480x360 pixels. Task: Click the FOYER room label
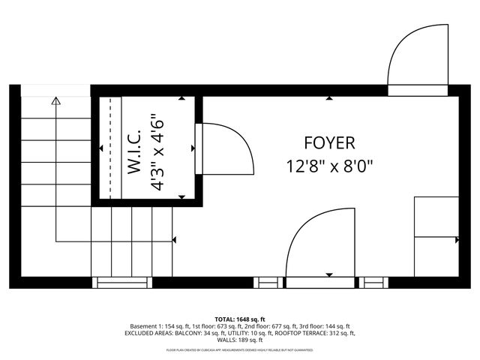click(329, 142)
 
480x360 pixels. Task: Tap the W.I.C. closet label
click(136, 154)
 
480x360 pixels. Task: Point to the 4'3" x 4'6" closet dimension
click(157, 153)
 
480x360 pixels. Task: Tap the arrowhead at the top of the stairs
click(55, 100)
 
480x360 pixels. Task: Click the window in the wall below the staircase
click(121, 283)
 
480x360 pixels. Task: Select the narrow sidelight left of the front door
click(265, 283)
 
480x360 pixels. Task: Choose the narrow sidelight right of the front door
click(373, 283)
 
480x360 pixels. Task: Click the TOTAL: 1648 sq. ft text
click(240, 319)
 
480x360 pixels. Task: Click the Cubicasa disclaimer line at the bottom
click(240, 349)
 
